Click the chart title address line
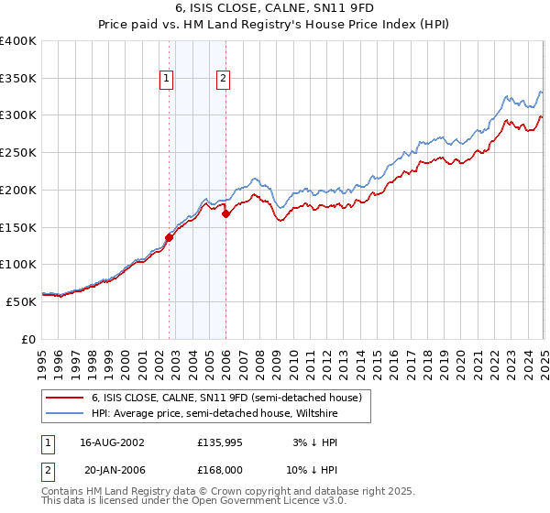(x=274, y=8)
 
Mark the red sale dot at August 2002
(x=170, y=237)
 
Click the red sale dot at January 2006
(x=226, y=213)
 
